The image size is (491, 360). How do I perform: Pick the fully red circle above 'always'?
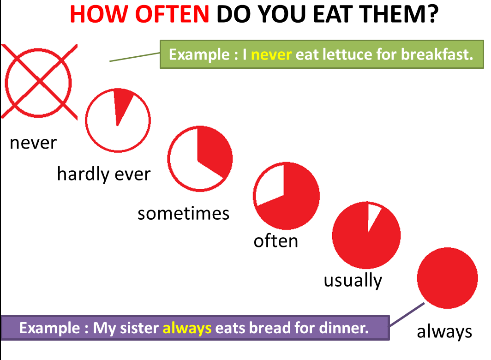447,278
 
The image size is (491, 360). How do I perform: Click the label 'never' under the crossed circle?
33,143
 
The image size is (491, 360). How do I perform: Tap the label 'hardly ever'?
104,174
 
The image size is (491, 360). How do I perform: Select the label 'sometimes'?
184,214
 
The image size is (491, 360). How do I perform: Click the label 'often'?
275,241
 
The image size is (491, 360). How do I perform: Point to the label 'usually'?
353,281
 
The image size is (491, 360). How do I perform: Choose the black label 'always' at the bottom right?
444,331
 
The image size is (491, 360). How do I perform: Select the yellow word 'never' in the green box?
271,54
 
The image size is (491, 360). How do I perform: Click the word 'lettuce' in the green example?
347,54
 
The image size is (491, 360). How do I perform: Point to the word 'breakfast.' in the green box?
437,54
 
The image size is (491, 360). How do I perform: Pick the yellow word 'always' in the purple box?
187,329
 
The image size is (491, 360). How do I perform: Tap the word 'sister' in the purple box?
139,328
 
